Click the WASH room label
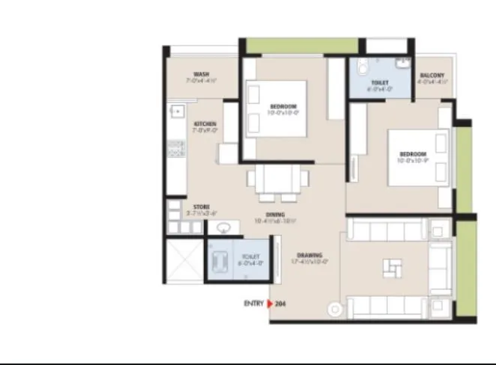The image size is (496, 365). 201,75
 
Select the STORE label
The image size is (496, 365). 201,206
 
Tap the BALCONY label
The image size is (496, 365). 432,76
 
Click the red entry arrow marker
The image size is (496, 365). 270,304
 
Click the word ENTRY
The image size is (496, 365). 253,304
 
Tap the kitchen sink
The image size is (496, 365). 178,112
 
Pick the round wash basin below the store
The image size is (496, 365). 222,227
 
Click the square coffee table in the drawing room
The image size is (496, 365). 391,267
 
